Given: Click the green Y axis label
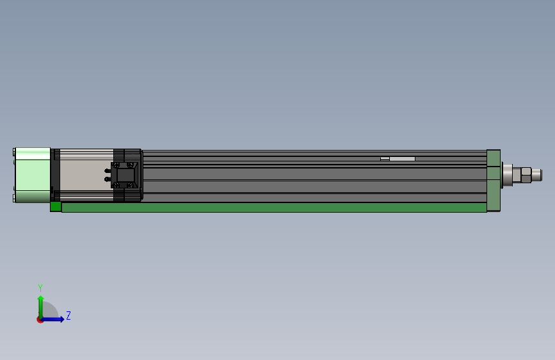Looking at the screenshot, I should [40, 288].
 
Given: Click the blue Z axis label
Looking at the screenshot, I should [68, 315].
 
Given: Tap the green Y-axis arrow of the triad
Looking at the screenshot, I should [40, 304].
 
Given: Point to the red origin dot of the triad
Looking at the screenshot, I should [40, 319].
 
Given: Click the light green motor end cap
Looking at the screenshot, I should [32, 175].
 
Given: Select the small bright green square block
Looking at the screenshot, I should [56, 206].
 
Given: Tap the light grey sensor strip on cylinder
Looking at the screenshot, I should [401, 158].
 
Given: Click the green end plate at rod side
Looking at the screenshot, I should [493, 180].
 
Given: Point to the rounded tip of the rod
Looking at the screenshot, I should [538, 174].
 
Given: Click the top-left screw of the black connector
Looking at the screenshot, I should [115, 165].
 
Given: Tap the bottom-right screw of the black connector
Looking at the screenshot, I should [131, 185].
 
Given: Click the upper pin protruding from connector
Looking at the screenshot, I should [107, 170].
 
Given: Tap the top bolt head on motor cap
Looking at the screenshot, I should [14, 152].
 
